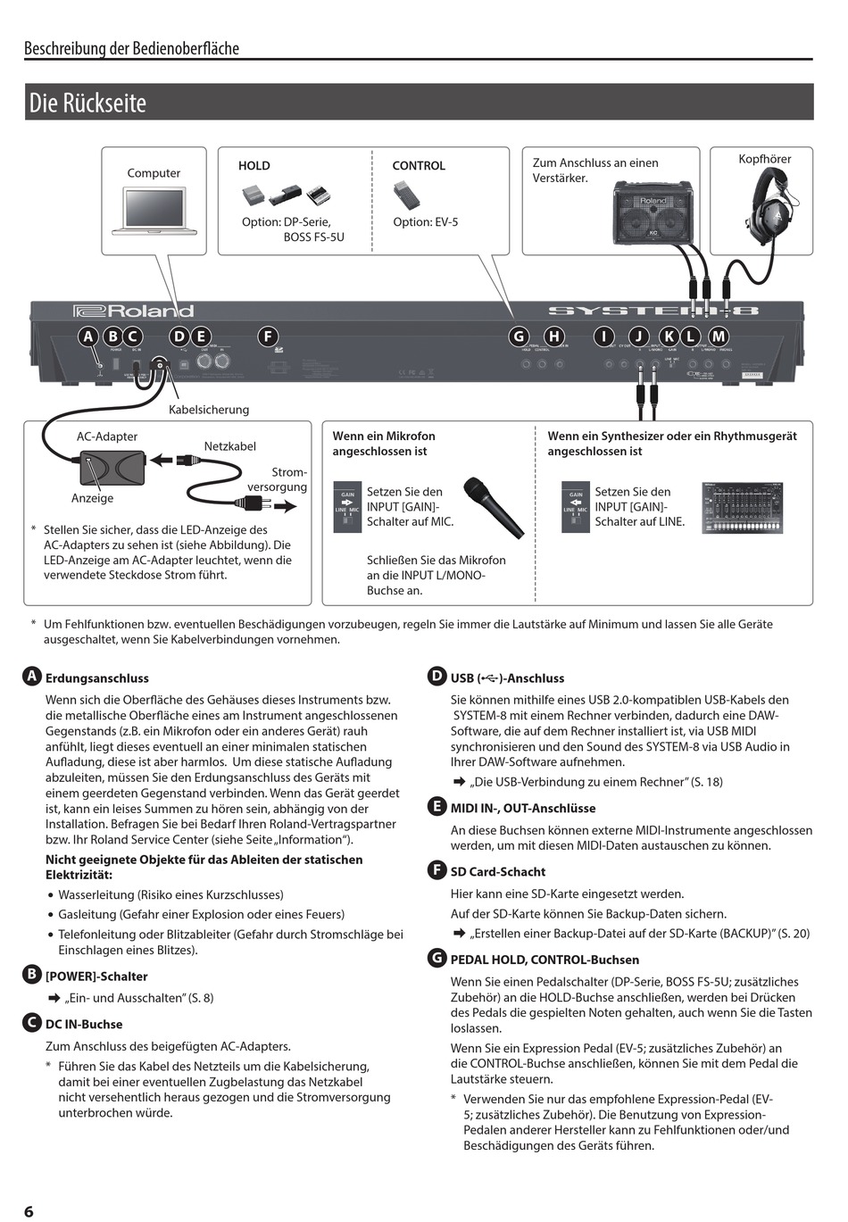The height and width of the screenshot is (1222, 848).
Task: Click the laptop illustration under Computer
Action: pyautogui.click(x=154, y=211)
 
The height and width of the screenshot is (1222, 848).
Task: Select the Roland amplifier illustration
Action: pyautogui.click(x=653, y=212)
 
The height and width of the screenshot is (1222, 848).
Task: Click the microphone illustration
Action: pyautogui.click(x=493, y=507)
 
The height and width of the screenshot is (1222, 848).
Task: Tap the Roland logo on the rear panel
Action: pyautogui.click(x=133, y=312)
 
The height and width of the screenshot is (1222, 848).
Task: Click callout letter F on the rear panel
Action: pyautogui.click(x=267, y=337)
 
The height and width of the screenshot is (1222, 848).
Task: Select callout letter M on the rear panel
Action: pyautogui.click(x=718, y=337)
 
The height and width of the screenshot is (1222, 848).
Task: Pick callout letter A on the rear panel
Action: pyautogui.click(x=87, y=337)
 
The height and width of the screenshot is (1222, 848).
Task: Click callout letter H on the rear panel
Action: pyautogui.click(x=554, y=337)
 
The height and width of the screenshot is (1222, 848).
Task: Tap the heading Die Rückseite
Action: pyautogui.click(x=87, y=103)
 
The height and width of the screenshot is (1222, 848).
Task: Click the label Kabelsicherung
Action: pyautogui.click(x=209, y=410)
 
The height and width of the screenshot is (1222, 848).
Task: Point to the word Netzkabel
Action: pyautogui.click(x=229, y=445)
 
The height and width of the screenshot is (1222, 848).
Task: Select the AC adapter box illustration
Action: pyautogui.click(x=110, y=466)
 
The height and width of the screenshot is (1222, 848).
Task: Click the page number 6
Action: pyautogui.click(x=29, y=1211)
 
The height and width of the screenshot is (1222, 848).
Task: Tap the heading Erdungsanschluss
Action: pyautogui.click(x=97, y=678)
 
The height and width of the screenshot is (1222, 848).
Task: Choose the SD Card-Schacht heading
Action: pyautogui.click(x=497, y=871)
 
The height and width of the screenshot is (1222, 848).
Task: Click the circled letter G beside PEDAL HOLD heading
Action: pyautogui.click(x=436, y=959)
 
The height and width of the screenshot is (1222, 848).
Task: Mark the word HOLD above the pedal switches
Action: pyautogui.click(x=254, y=166)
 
